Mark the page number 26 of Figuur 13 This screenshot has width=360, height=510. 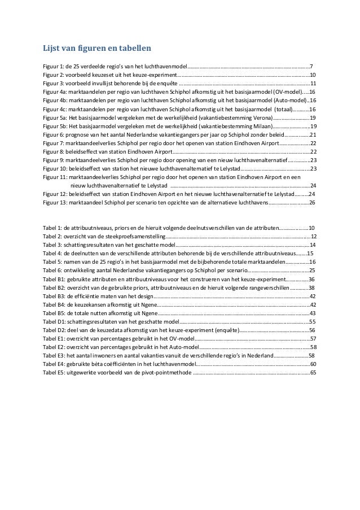coord(312,202)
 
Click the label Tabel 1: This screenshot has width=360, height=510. coord(52,228)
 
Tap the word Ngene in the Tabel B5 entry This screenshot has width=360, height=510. coord(150,313)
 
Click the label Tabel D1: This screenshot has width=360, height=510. coord(54,321)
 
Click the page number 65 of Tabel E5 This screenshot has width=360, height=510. coord(313,373)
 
